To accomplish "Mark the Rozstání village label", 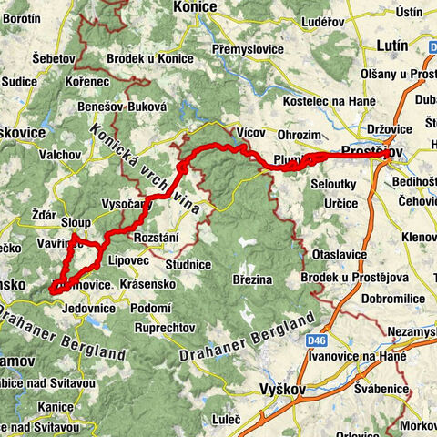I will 158,238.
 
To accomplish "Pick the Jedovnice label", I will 86,308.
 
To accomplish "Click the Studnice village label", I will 188,263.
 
